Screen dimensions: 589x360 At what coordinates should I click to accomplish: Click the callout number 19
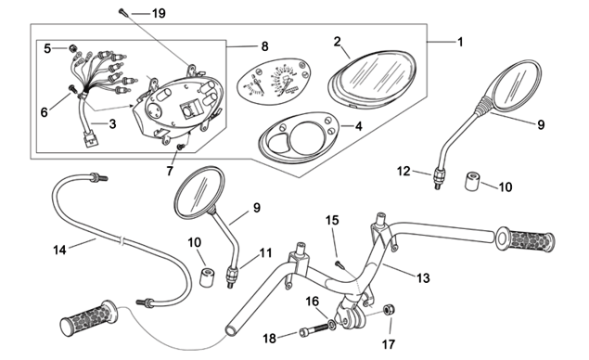pyautogui.click(x=159, y=14)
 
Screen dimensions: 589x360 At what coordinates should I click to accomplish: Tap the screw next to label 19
pyautogui.click(x=123, y=12)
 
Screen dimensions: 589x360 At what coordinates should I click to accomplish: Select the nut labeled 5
pyautogui.click(x=71, y=48)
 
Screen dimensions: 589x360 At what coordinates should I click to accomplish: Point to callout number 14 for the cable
pyautogui.click(x=59, y=250)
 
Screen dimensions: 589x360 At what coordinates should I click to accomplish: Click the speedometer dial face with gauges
pyautogui.click(x=275, y=82)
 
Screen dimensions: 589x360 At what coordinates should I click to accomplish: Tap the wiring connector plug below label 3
pyautogui.click(x=91, y=138)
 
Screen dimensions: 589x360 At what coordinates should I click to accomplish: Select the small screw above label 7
pyautogui.click(x=181, y=147)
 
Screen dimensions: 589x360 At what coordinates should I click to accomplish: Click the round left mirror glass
pyautogui.click(x=199, y=193)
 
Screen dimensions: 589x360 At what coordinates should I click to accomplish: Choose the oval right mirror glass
pyautogui.click(x=518, y=85)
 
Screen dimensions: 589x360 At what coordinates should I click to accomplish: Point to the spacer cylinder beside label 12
pyautogui.click(x=472, y=181)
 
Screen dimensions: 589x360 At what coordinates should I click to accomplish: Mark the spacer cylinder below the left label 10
pyautogui.click(x=206, y=276)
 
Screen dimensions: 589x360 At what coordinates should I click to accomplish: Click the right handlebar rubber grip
pyautogui.click(x=525, y=239)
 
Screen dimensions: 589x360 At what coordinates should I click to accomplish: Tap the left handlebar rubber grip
pyautogui.click(x=89, y=318)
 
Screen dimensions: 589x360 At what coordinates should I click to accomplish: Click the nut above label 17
pyautogui.click(x=389, y=310)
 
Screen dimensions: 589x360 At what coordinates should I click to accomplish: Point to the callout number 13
pyautogui.click(x=423, y=278)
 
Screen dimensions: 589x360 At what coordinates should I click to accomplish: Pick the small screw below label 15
pyautogui.click(x=340, y=265)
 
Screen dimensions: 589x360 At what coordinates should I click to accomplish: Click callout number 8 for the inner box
pyautogui.click(x=265, y=46)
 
